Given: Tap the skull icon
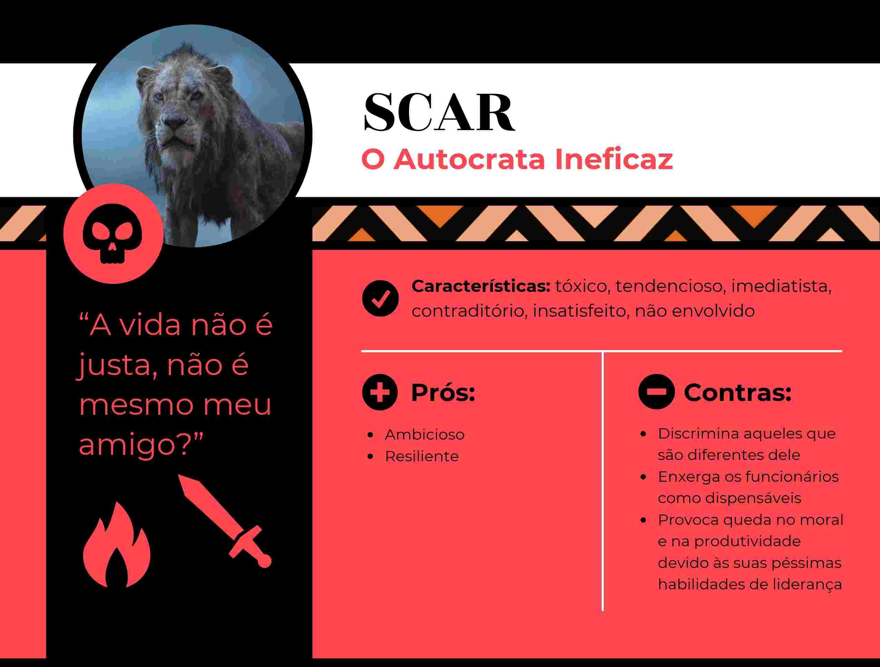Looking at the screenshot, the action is point(113,234).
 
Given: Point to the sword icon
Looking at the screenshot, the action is point(225,520).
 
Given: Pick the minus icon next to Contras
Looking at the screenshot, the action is point(656,392).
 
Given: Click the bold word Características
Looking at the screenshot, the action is point(481,286).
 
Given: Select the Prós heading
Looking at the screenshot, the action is point(443,393).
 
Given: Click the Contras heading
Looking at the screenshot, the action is point(737,393).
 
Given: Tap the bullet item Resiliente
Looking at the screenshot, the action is point(422,457).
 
